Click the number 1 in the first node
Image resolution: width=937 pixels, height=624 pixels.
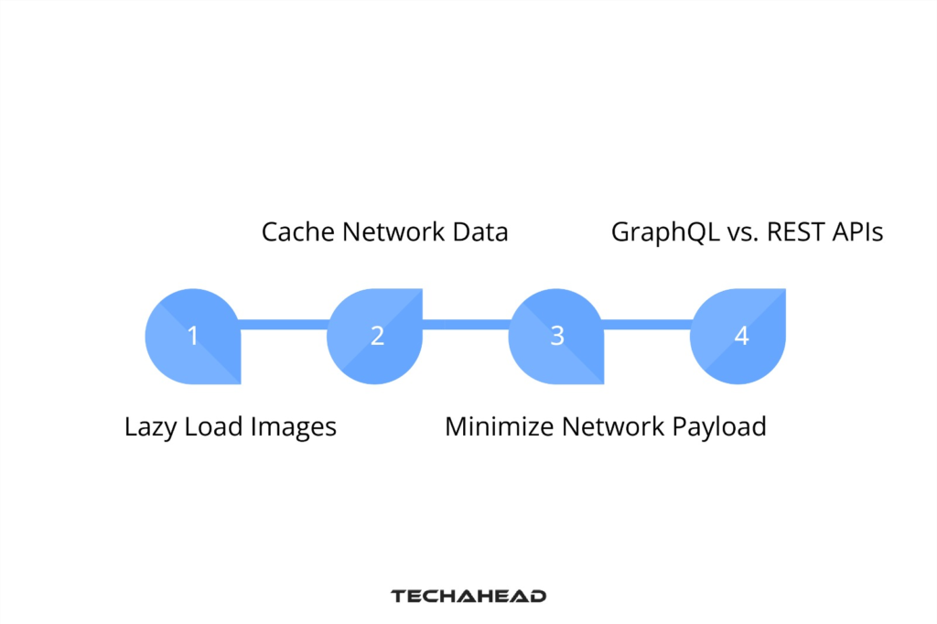tap(193, 336)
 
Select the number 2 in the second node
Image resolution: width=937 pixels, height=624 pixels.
tap(376, 336)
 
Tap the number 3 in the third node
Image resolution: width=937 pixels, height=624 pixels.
tap(557, 336)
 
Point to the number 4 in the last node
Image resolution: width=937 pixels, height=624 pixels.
tap(741, 336)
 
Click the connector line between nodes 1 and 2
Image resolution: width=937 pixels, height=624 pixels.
tap(284, 324)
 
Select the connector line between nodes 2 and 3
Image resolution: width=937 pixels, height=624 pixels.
tap(465, 324)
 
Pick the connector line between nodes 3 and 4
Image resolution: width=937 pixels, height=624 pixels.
tap(647, 324)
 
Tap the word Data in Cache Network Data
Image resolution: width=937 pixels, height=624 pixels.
tap(479, 232)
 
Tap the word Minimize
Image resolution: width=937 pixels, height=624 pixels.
tap(500, 426)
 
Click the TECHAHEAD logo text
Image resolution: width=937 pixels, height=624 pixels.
tap(468, 596)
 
